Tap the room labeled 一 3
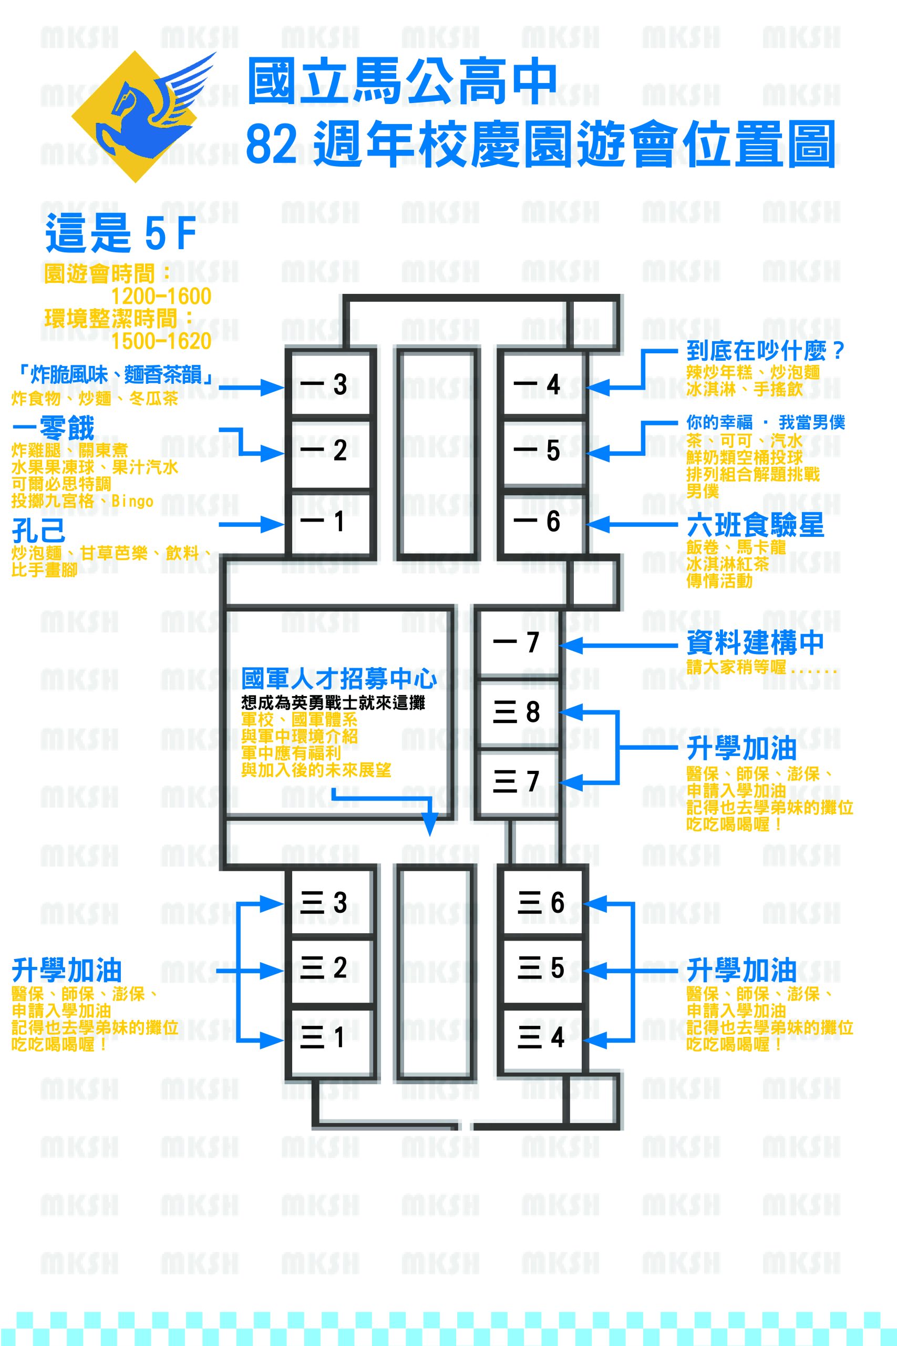[x=331, y=383]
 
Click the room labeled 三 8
[x=518, y=712]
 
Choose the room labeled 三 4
[x=542, y=1037]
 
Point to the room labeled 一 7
[x=518, y=642]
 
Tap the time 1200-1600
[x=161, y=297]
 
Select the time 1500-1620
[x=161, y=341]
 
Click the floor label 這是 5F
[x=121, y=232]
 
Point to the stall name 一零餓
[x=53, y=428]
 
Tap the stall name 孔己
[x=38, y=531]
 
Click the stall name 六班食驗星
[x=755, y=525]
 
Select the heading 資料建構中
[x=755, y=642]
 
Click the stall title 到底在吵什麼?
[x=766, y=350]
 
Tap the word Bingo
[x=132, y=501]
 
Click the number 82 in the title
[x=272, y=143]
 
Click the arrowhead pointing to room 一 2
[x=273, y=453]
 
